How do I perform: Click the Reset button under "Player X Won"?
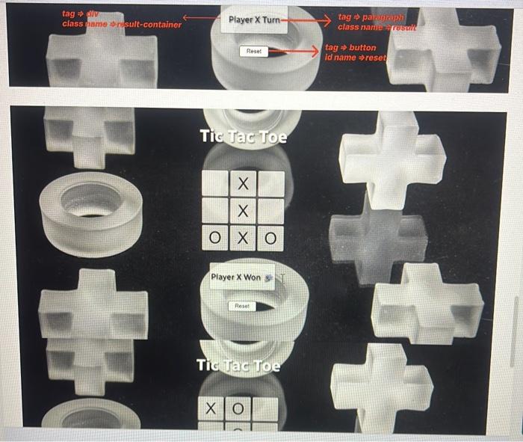pyautogui.click(x=242, y=306)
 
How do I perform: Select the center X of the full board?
pyautogui.click(x=242, y=211)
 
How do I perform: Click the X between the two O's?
pyautogui.click(x=242, y=238)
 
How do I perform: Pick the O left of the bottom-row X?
pyautogui.click(x=214, y=238)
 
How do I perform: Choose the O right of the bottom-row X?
pyautogui.click(x=270, y=238)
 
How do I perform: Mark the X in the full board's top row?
pyautogui.click(x=242, y=183)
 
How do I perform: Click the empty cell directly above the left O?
pyautogui.click(x=214, y=211)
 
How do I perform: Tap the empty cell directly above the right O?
pyautogui.click(x=270, y=211)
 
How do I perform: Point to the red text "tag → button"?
pyautogui.click(x=350, y=47)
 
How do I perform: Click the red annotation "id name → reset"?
pyautogui.click(x=356, y=58)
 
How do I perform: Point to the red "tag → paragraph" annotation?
pyautogui.click(x=371, y=16)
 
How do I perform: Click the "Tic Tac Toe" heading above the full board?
pyautogui.click(x=243, y=137)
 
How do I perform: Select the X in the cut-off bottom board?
pyautogui.click(x=210, y=409)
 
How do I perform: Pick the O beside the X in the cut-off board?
pyautogui.click(x=238, y=409)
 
